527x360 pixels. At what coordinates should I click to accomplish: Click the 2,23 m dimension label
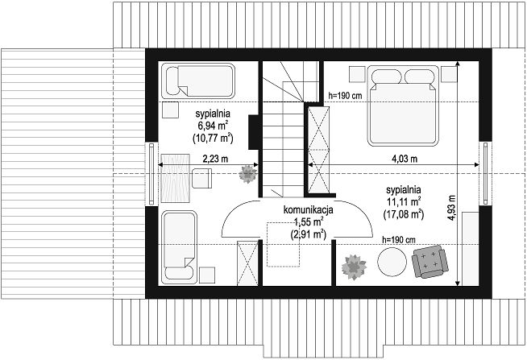click(x=215, y=158)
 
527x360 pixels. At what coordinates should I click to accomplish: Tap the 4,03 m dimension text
click(x=405, y=158)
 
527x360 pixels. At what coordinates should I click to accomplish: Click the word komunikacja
click(x=308, y=210)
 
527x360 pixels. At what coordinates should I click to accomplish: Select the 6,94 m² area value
click(x=213, y=126)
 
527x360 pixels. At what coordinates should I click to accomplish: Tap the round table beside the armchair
click(x=392, y=262)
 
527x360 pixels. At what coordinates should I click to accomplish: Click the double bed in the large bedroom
click(x=403, y=106)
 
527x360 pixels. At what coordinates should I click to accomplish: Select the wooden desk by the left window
click(x=176, y=178)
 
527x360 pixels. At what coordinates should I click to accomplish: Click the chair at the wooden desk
click(x=201, y=178)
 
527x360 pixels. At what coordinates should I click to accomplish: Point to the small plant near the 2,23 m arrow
click(x=248, y=174)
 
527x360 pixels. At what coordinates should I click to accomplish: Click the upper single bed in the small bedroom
click(x=198, y=81)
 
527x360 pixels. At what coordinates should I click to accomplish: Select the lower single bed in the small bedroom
click(x=179, y=247)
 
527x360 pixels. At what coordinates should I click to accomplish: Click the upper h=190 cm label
click(x=345, y=96)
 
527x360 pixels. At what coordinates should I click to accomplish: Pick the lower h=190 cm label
click(x=399, y=240)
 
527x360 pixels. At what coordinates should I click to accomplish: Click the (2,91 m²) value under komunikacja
click(x=308, y=234)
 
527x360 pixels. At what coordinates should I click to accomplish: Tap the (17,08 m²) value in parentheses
click(x=404, y=214)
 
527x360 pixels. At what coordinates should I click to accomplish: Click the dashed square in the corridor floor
click(x=283, y=244)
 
